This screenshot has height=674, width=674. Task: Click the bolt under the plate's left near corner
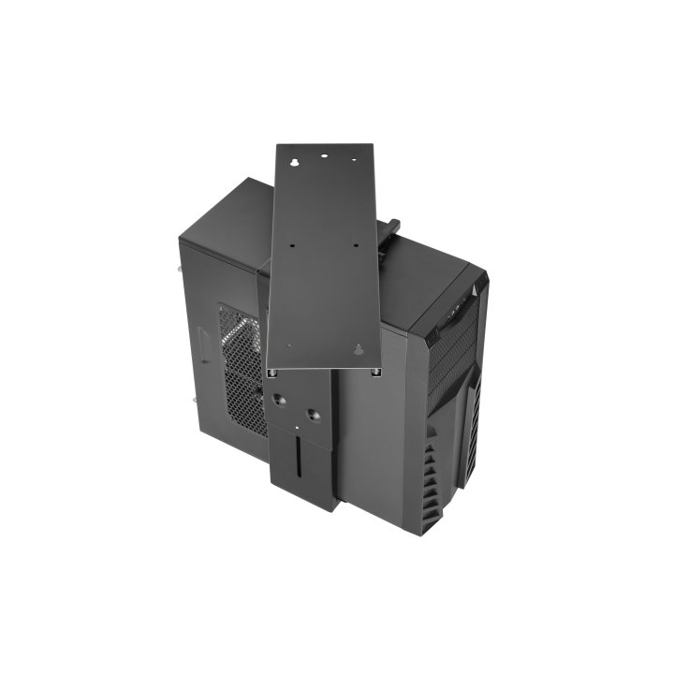tap(271, 372)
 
